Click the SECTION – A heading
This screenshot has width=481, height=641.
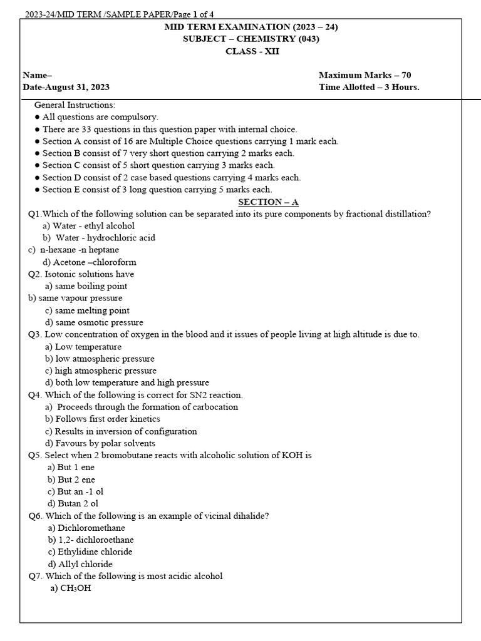point(268,202)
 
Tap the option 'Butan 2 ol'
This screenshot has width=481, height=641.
point(73,503)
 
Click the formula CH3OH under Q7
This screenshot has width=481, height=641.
point(70,588)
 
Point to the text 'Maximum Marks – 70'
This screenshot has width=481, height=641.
point(365,75)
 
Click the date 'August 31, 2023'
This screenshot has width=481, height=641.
point(78,87)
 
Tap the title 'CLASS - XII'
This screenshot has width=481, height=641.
point(252,51)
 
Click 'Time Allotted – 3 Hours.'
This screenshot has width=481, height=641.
point(369,87)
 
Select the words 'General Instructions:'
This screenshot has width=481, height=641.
point(75,105)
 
